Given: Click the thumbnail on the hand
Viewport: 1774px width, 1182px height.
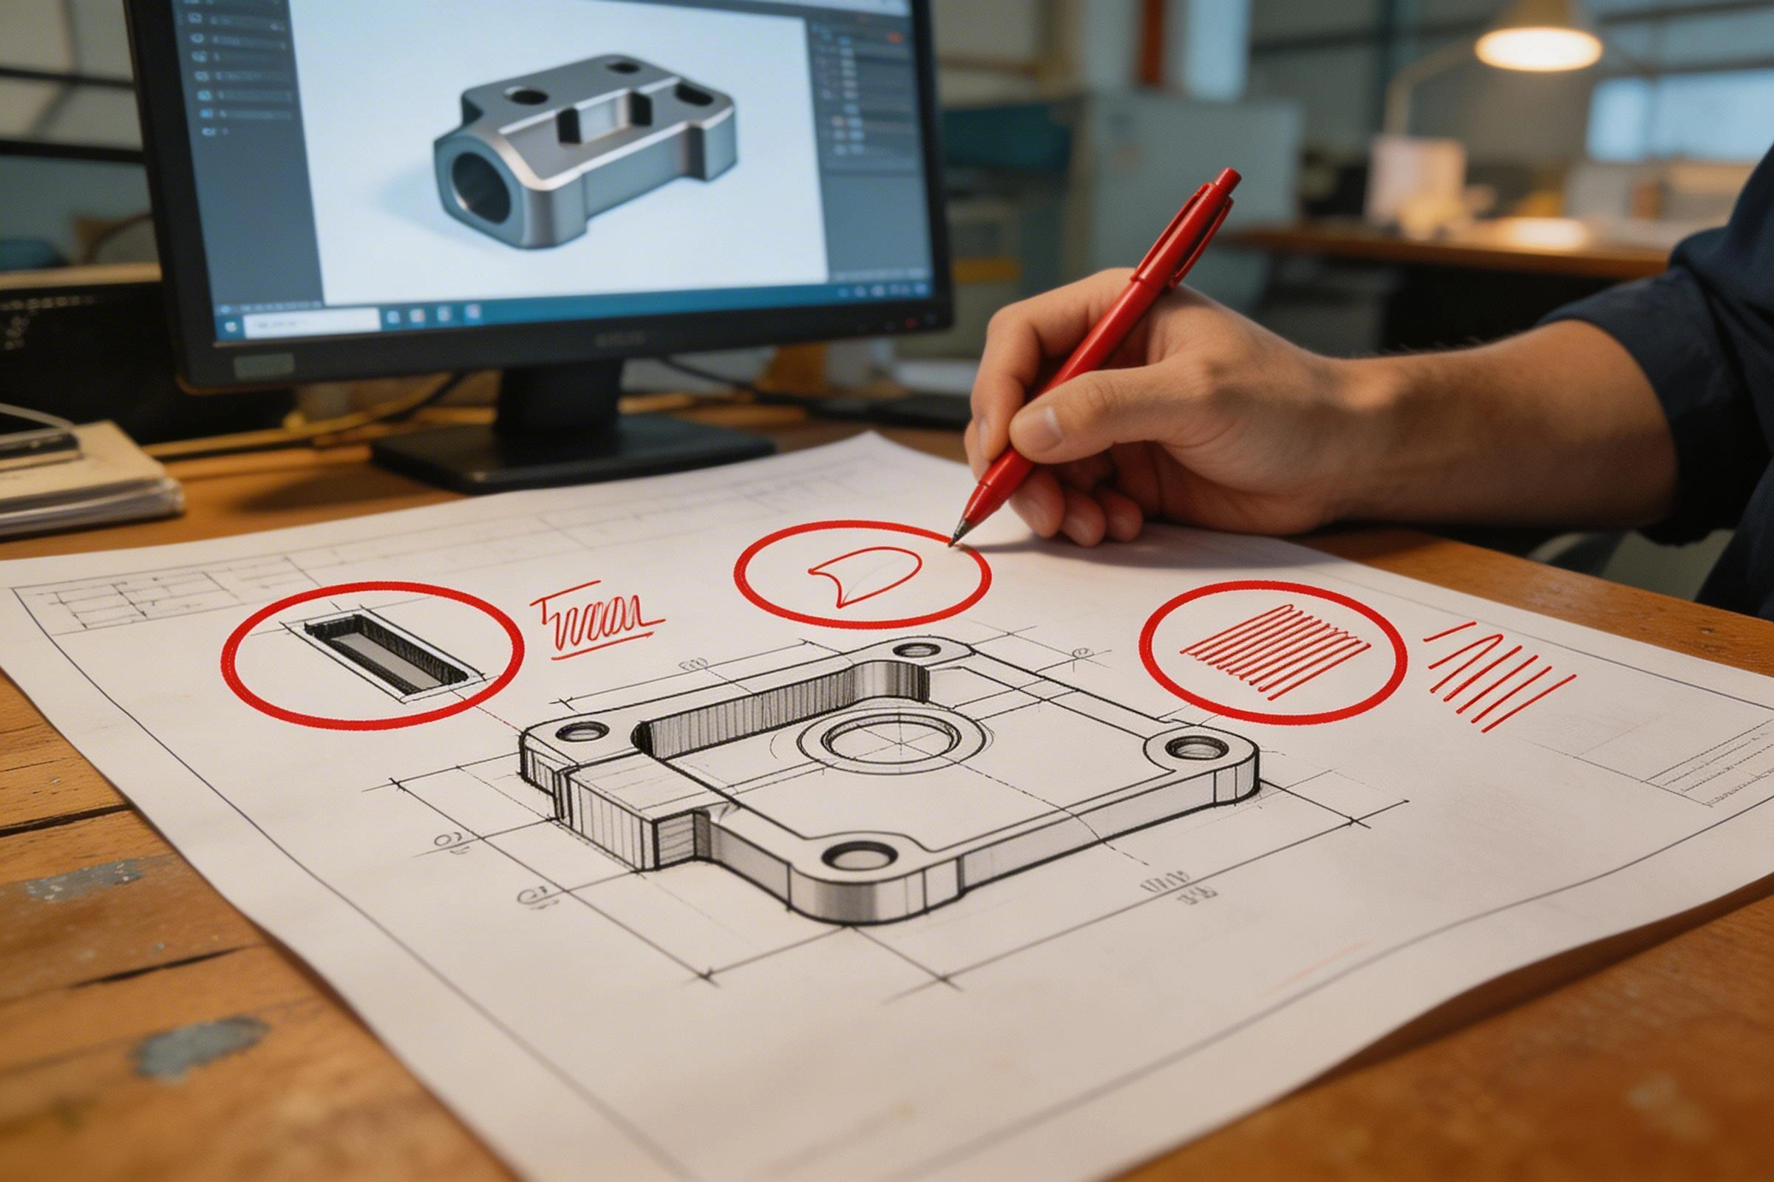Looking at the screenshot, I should (1039, 427).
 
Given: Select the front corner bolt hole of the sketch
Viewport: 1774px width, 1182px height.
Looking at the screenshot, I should (860, 855).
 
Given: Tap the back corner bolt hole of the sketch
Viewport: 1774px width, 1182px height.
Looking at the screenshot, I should (915, 649).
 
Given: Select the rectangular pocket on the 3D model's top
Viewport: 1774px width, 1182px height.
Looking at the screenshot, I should (602, 122).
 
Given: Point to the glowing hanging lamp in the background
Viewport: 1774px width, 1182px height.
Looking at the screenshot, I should (1539, 45).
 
